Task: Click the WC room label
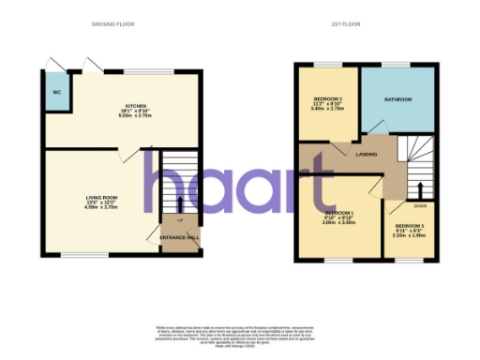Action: [x=56, y=93]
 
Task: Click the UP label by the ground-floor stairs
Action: [x=179, y=220]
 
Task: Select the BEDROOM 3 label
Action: [x=409, y=226]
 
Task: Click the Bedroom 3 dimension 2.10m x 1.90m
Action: [x=409, y=236]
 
